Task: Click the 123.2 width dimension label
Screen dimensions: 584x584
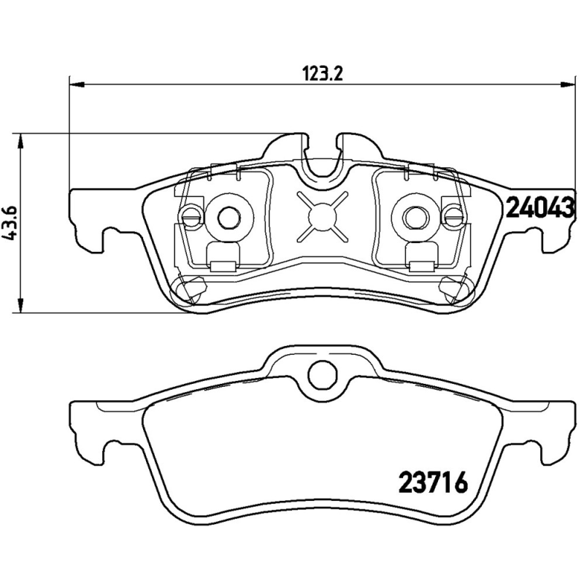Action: click(322, 73)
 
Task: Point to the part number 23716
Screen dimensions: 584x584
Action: click(432, 483)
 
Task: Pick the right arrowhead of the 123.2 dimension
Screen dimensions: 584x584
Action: click(566, 85)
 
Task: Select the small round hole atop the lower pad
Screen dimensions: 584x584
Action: click(320, 374)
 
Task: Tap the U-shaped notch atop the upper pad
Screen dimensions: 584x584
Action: click(320, 157)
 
